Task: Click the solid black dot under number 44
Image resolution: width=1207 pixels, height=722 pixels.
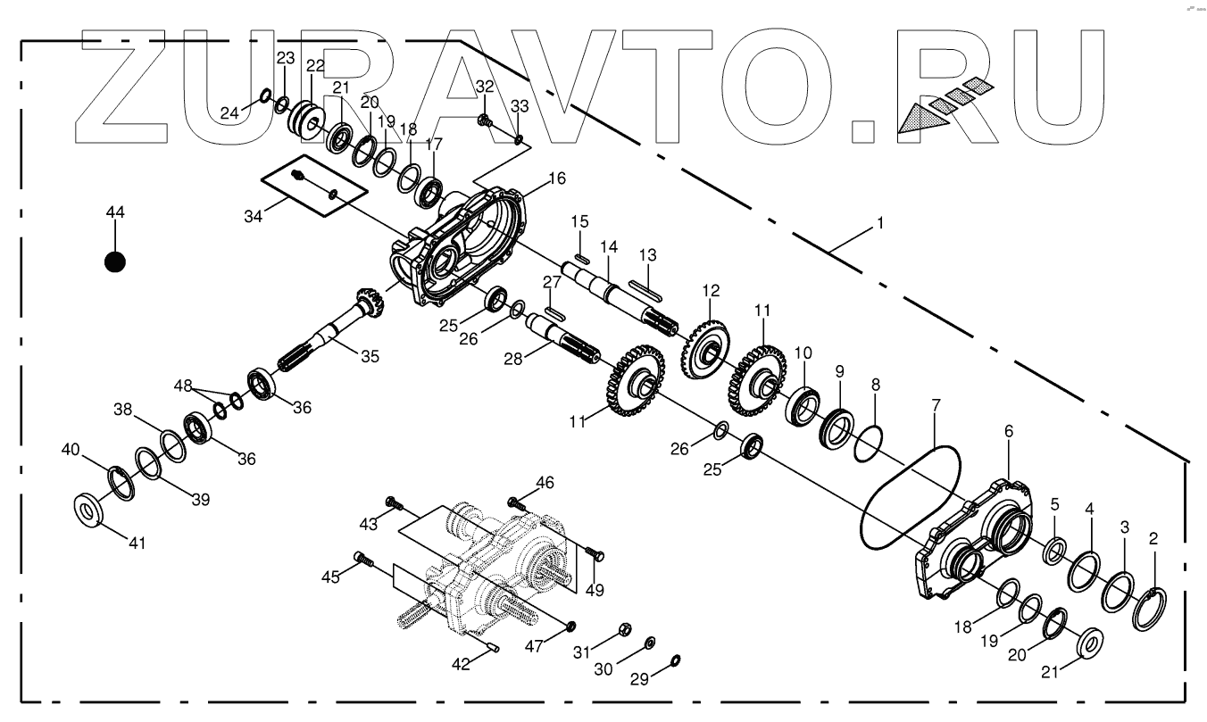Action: click(114, 261)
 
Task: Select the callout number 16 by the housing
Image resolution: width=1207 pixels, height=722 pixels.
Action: click(557, 178)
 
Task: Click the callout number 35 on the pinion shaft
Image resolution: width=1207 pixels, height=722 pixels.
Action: click(370, 355)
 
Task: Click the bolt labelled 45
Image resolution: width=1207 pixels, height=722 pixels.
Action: click(362, 559)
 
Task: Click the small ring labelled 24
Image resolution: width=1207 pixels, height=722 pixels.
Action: click(265, 95)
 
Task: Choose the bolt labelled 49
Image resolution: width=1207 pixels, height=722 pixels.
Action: click(598, 555)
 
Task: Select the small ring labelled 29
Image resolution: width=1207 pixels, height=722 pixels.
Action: click(675, 660)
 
